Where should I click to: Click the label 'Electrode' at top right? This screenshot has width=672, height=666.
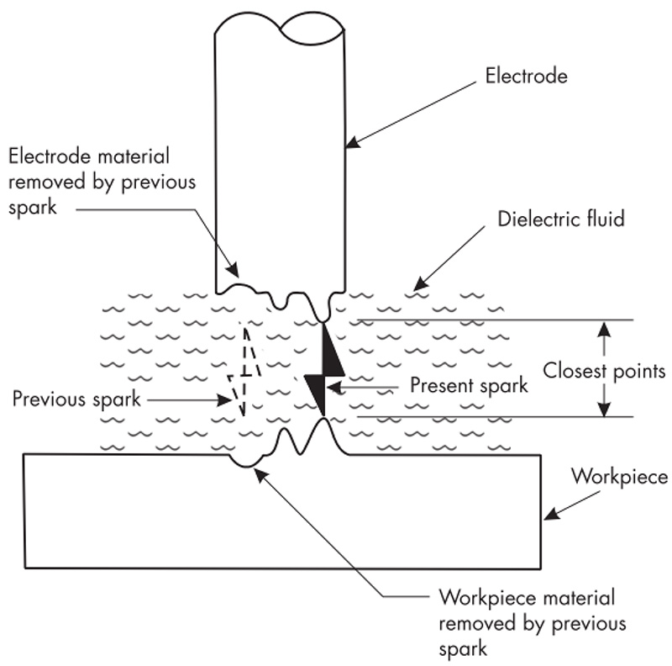527,77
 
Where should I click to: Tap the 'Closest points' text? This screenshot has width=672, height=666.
604,370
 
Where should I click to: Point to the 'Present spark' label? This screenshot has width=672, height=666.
469,386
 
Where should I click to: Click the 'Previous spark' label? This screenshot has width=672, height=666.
76,398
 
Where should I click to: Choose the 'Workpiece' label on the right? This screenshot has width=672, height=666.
619,477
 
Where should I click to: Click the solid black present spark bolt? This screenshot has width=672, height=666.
324,371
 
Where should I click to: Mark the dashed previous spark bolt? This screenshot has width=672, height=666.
245,370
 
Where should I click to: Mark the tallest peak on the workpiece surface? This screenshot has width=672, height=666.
323,420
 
